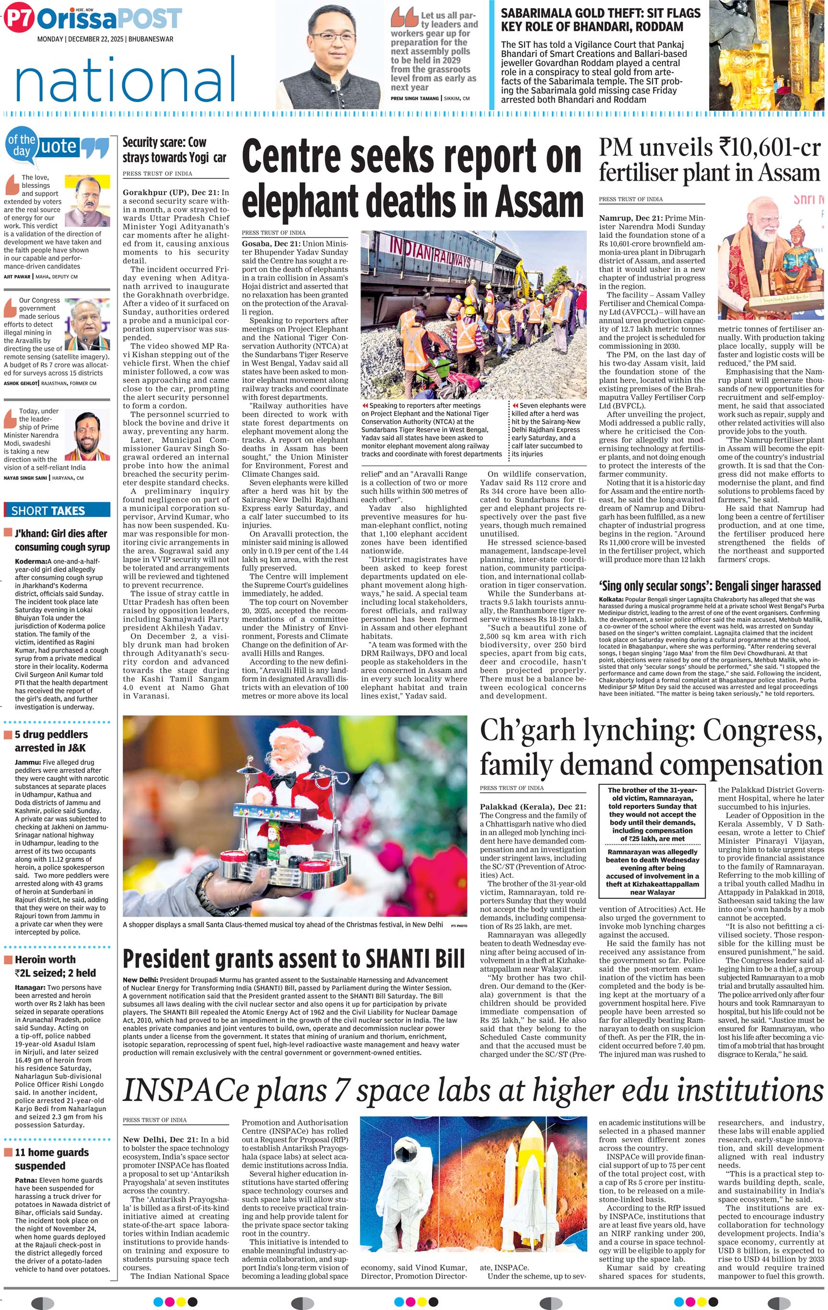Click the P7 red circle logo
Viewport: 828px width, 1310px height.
19,20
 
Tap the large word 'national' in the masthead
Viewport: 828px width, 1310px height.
125,80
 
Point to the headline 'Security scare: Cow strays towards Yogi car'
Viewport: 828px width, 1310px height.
174,149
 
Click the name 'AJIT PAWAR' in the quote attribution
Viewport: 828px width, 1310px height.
17,276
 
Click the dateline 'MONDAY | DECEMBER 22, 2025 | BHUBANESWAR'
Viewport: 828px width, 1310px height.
105,39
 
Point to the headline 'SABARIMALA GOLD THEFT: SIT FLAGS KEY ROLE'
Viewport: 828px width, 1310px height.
592,20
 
